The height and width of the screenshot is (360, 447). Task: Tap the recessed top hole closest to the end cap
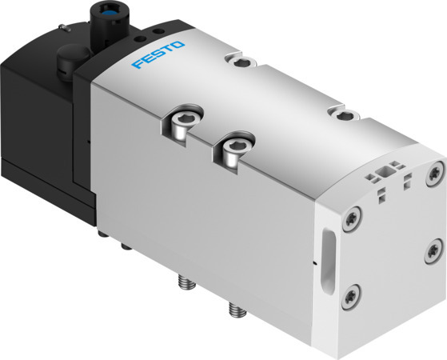tap(345, 115)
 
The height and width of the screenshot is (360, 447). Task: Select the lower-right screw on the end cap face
tap(433, 248)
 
